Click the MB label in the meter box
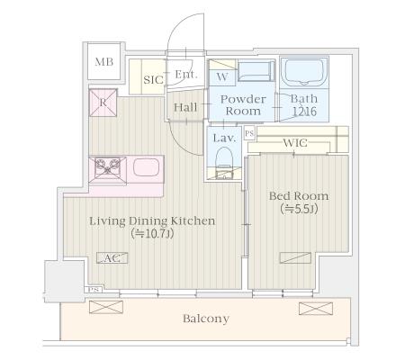104,62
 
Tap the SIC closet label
153,80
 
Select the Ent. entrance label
186,74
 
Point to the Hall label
185,107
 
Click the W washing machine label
222,76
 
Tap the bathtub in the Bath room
304,73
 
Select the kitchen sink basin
146,167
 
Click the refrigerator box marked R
103,103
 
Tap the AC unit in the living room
112,258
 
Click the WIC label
295,142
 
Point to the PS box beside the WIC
249,133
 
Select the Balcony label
206,319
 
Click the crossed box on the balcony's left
106,307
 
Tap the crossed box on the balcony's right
316,309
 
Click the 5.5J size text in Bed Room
299,209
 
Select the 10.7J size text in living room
152,233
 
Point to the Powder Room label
243,105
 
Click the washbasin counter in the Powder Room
256,71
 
